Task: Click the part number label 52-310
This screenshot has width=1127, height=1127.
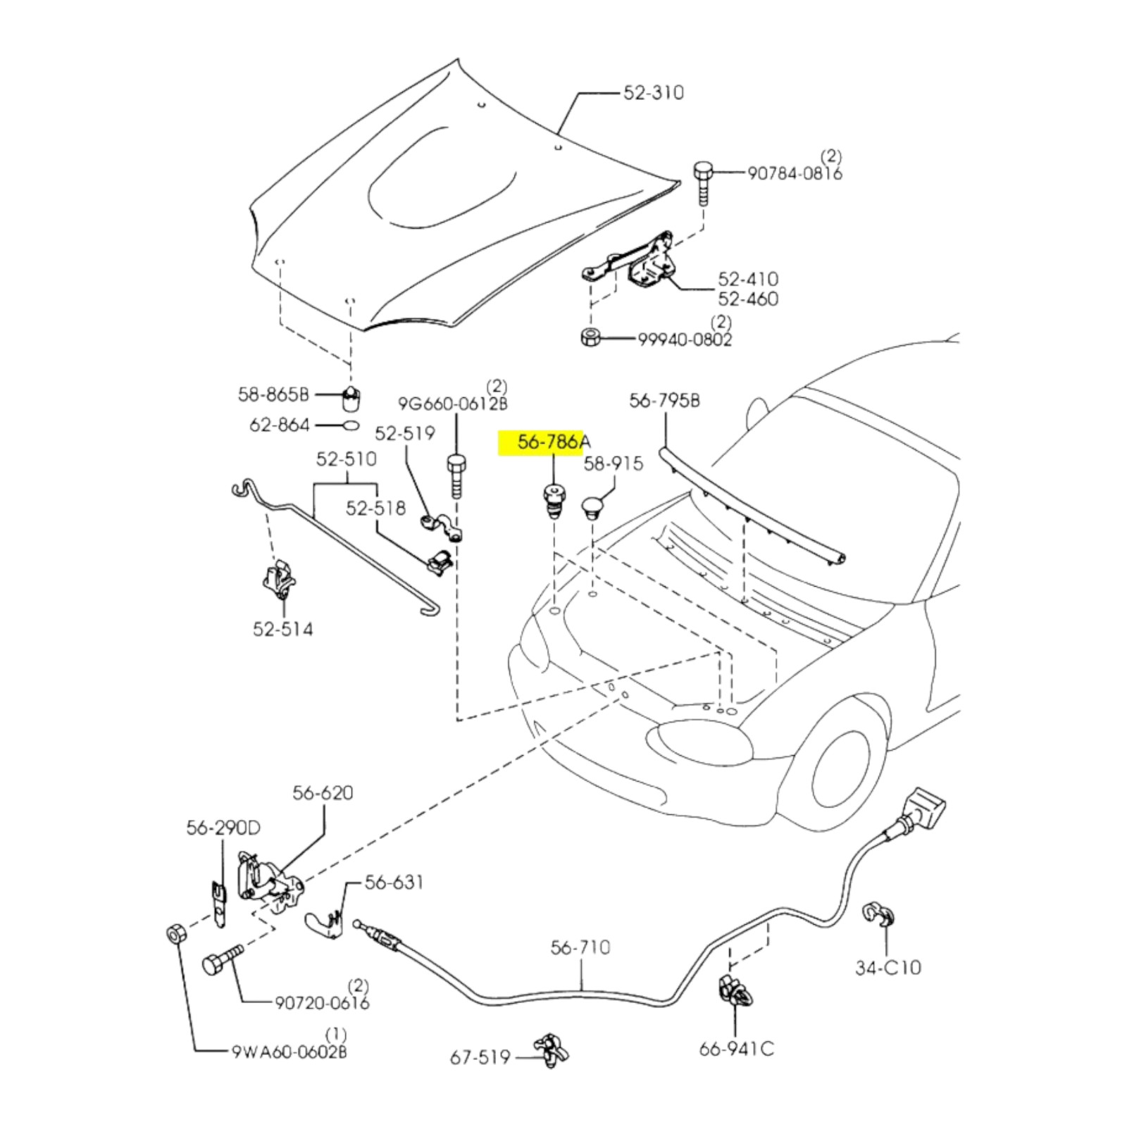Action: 653,93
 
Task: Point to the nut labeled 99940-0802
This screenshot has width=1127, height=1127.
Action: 590,337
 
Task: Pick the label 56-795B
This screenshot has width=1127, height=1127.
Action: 664,401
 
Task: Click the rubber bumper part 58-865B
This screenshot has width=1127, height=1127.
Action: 351,400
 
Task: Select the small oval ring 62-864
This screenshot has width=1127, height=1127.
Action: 351,425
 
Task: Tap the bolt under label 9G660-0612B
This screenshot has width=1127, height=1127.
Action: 456,475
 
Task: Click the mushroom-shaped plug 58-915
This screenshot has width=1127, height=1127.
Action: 592,507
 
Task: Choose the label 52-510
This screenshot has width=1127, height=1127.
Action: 346,459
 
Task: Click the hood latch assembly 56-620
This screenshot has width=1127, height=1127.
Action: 268,884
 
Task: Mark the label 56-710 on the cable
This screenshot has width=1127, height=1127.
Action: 580,947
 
